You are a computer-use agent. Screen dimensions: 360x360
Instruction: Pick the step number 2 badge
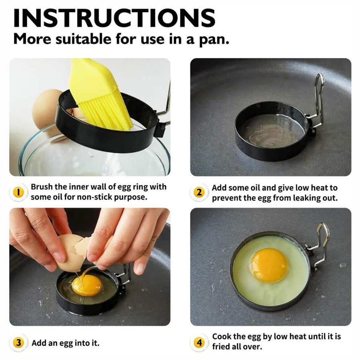[x=199, y=192]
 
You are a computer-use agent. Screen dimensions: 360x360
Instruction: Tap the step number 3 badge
[x=18, y=343]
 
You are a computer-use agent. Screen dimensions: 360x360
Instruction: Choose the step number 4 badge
[x=199, y=342]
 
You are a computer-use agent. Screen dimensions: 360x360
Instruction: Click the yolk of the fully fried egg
[x=269, y=265]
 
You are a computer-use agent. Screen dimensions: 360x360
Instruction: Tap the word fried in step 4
[x=222, y=347]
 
